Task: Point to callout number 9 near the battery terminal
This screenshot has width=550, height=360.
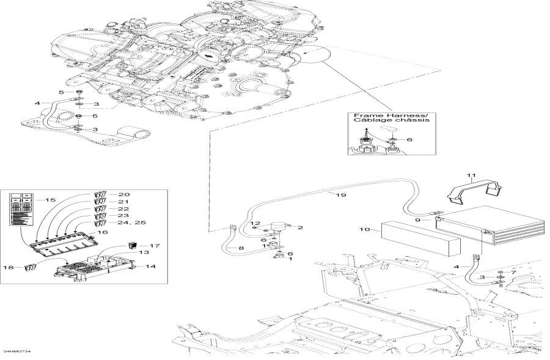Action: [x=417, y=220]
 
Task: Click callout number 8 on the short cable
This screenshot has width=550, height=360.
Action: [x=241, y=248]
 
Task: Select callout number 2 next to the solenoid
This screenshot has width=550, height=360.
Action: [x=300, y=227]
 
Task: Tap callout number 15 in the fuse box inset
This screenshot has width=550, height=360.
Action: [x=51, y=200]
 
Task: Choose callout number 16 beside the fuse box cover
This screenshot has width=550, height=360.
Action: [x=103, y=232]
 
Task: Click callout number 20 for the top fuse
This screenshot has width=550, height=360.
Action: [x=123, y=194]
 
